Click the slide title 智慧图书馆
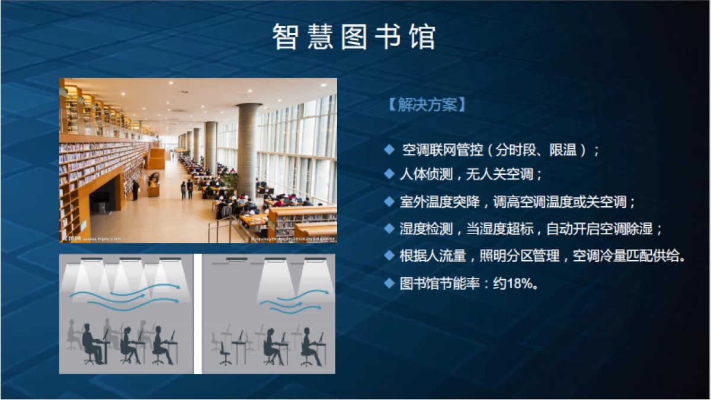[x=354, y=37]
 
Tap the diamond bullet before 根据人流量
[x=389, y=255]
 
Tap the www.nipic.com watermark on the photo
[x=101, y=239]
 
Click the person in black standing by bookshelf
[x=136, y=190]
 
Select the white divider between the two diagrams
[x=198, y=314]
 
